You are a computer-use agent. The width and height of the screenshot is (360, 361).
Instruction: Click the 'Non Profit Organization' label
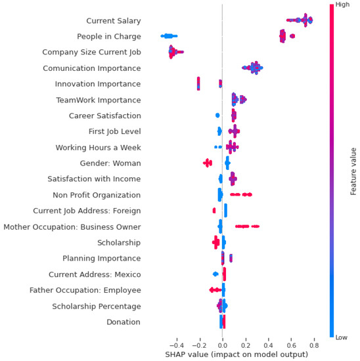pyautogui.click(x=97, y=195)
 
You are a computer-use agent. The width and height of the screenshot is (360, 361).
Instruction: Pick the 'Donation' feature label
pyautogui.click(x=124, y=322)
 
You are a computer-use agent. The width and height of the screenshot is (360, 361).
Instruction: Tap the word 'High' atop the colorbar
pyautogui.click(x=342, y=5)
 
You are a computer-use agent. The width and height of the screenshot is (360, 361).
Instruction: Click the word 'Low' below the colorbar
pyautogui.click(x=342, y=337)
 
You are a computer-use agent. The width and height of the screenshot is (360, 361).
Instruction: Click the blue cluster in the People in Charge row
pyautogui.click(x=169, y=36)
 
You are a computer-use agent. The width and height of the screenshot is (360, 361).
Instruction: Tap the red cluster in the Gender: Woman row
pyautogui.click(x=208, y=163)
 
